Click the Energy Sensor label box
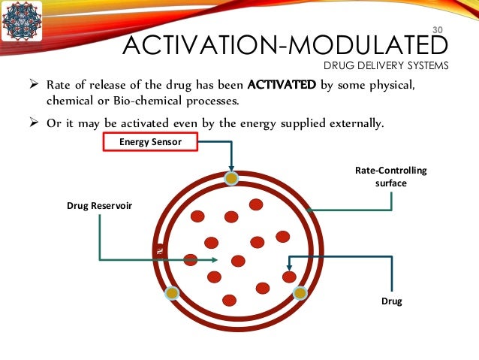(149, 141)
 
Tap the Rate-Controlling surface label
(390, 176)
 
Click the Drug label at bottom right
(391, 301)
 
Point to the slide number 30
(439, 30)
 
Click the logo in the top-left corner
(21, 22)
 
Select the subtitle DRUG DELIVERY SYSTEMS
(386, 65)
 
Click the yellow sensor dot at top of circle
(232, 178)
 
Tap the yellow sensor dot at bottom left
(172, 292)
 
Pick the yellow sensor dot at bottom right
(300, 292)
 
